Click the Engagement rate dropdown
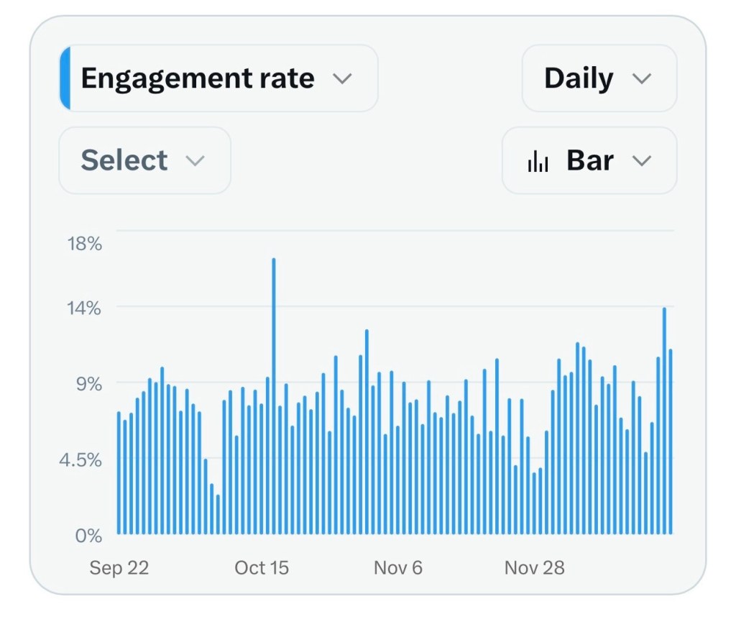point(216,78)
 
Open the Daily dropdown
point(598,78)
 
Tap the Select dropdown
point(144,160)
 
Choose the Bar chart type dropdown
point(589,160)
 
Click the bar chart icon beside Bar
point(538,162)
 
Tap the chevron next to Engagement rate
point(342,78)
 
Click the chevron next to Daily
point(640,78)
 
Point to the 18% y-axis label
point(85,244)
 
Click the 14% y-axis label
point(85,308)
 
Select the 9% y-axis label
point(89,384)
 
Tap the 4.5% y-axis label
point(80,460)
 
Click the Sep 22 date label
point(119,568)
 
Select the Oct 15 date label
point(262,568)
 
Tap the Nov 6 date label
point(398,568)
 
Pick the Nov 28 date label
point(535,568)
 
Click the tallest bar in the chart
point(274,396)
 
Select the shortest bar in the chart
point(218,514)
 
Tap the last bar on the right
point(670,442)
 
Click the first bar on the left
point(119,473)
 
